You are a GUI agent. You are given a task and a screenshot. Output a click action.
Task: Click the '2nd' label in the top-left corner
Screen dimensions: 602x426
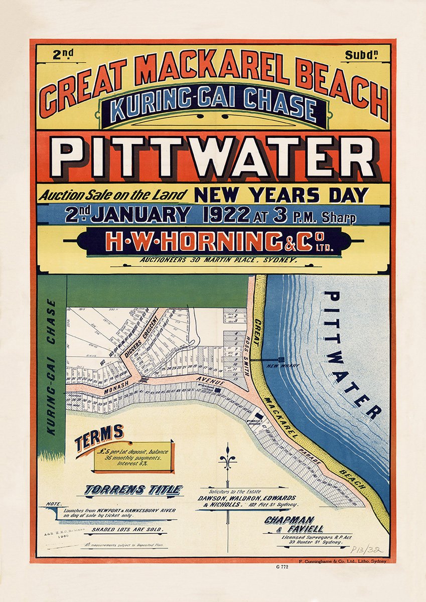[64, 56]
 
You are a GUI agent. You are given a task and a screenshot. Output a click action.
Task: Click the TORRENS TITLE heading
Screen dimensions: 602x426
[133, 490]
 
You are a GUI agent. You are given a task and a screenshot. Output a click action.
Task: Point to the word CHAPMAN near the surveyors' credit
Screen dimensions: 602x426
[290, 520]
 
